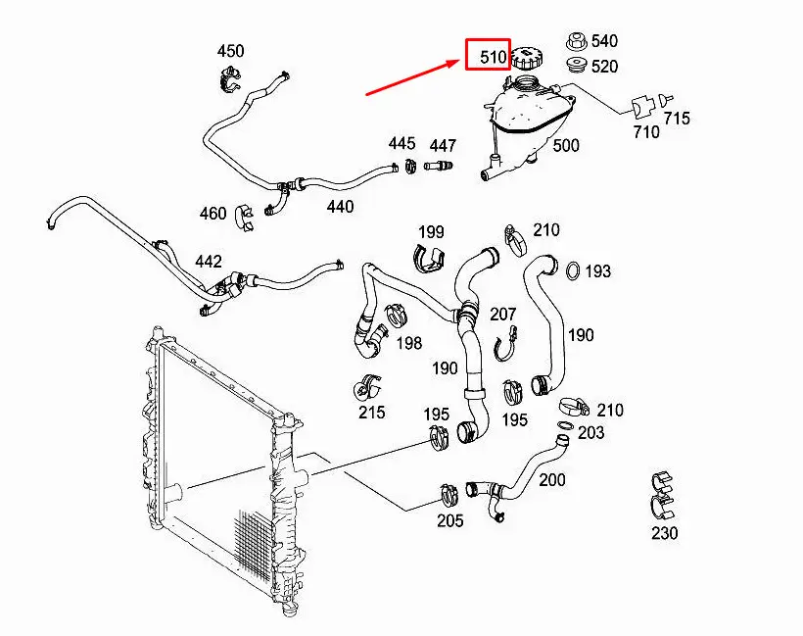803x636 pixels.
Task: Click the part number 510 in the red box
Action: (493, 57)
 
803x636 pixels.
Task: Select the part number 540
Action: (605, 41)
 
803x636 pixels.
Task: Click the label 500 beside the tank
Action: (566, 146)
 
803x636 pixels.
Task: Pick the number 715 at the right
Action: (677, 119)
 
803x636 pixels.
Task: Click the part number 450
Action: (230, 51)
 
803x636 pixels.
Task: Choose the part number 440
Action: (340, 207)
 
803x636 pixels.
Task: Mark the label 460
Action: (213, 214)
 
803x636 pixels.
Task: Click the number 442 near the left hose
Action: (209, 262)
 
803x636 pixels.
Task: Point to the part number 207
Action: (502, 314)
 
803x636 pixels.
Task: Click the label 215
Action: (371, 413)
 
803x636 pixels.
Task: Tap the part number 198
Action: (409, 342)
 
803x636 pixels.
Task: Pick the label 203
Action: (591, 432)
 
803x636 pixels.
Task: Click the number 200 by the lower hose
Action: (552, 479)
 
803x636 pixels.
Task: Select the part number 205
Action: (449, 520)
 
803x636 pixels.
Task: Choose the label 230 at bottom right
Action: (664, 534)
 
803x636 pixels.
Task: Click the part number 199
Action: (431, 232)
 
